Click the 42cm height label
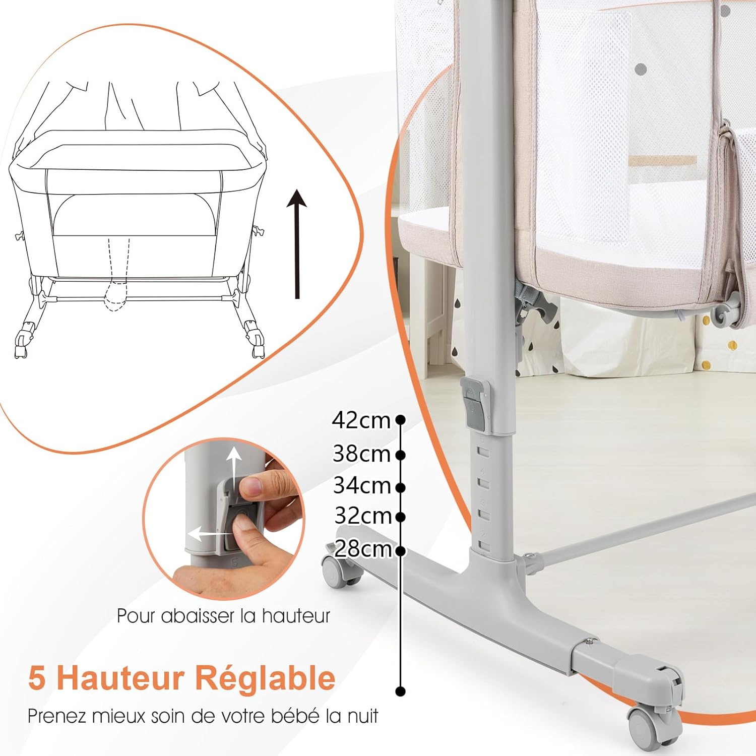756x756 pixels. coord(361,420)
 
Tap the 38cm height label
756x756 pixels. coord(361,454)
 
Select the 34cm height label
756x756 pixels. coord(362,485)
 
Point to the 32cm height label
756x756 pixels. coord(363,516)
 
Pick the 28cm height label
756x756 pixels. coord(363,548)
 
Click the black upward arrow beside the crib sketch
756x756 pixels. coord(297,244)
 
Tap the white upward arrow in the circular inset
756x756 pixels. coord(233,467)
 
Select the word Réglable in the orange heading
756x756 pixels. coord(265,678)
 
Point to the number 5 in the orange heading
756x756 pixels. coord(37,678)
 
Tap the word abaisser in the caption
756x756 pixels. coord(199,616)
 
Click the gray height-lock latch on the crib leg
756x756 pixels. coord(475,404)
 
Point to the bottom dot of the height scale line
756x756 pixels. coord(401,691)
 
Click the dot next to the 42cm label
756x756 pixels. coord(401,419)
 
